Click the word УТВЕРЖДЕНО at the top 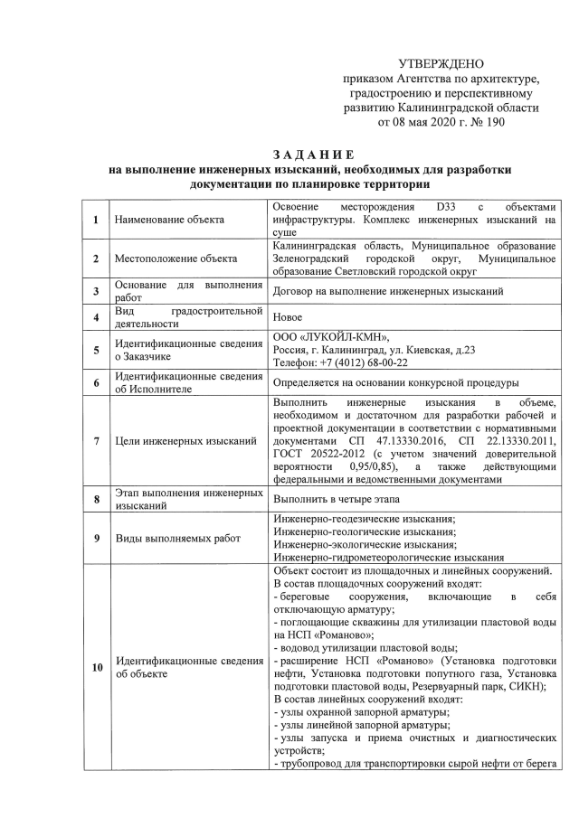pyautogui.click(x=441, y=63)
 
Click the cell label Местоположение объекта pyautogui.click(x=169, y=259)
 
